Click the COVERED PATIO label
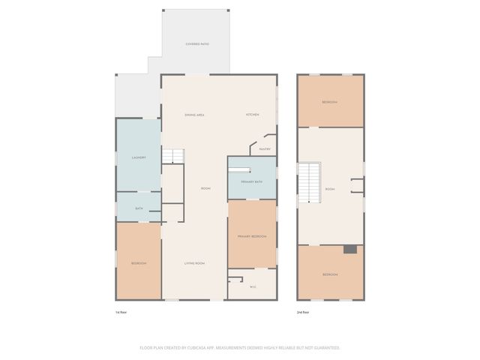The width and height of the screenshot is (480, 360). pyautogui.click(x=197, y=45)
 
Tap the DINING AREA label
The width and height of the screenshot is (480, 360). pyautogui.click(x=195, y=115)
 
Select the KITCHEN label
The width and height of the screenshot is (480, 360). pyautogui.click(x=253, y=115)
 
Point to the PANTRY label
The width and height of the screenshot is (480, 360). pyautogui.click(x=265, y=149)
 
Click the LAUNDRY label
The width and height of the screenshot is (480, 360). pyautogui.click(x=138, y=157)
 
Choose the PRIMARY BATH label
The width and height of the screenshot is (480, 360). pyautogui.click(x=252, y=182)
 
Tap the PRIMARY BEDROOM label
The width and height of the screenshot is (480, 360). pyautogui.click(x=252, y=236)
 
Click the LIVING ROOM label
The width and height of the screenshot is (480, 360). pyautogui.click(x=195, y=263)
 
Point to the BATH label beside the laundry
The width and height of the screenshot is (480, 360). pyautogui.click(x=139, y=208)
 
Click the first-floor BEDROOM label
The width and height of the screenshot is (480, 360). pyautogui.click(x=138, y=263)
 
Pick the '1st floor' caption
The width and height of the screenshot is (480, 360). pyautogui.click(x=121, y=311)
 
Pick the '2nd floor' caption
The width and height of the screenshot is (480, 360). pyautogui.click(x=302, y=311)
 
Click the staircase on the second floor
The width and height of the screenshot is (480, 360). pyautogui.click(x=309, y=182)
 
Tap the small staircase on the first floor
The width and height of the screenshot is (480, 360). pyautogui.click(x=173, y=156)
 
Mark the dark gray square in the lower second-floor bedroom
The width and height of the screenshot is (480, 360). pyautogui.click(x=349, y=250)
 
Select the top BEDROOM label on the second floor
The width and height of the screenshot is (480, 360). pyautogui.click(x=329, y=102)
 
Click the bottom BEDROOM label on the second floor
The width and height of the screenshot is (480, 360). pyautogui.click(x=330, y=275)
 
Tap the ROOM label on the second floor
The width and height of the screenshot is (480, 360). pyautogui.click(x=330, y=189)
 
